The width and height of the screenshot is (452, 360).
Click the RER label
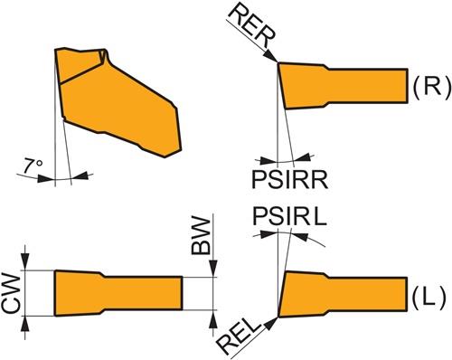(x=251, y=25)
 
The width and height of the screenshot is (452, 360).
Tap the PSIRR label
(x=289, y=180)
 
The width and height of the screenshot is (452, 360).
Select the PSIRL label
(x=289, y=216)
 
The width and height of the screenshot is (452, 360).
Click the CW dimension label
(x=11, y=292)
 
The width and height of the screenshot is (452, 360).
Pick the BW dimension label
(x=201, y=236)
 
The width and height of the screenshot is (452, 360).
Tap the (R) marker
(x=431, y=87)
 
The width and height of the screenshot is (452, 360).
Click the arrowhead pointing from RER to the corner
(x=270, y=56)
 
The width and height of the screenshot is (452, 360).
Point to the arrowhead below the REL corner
(x=270, y=324)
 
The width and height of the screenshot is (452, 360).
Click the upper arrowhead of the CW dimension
(x=25, y=262)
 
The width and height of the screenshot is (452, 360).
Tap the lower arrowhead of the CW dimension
(x=25, y=324)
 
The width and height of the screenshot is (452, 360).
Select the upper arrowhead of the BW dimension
(x=213, y=269)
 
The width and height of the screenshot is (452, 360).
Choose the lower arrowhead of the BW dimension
(x=213, y=318)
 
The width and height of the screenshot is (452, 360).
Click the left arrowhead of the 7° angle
(x=47, y=178)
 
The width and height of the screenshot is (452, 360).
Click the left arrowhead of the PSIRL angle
(x=268, y=234)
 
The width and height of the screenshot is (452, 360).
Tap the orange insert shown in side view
(x=118, y=102)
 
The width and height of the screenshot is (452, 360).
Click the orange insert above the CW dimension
(x=118, y=293)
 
